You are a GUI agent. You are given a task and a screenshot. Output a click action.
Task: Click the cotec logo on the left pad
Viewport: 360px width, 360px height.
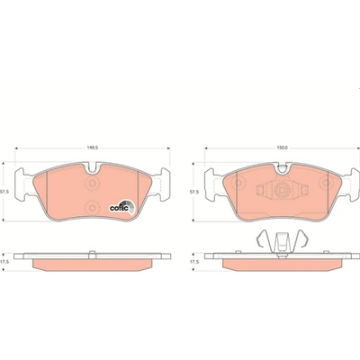tap(122, 207)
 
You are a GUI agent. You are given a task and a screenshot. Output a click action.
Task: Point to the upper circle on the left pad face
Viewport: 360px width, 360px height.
tap(92, 183)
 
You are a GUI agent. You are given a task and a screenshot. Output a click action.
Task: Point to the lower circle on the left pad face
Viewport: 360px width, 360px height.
tap(92, 208)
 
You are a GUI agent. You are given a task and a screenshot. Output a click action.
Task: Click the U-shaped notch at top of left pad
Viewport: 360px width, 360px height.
tap(93, 168)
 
